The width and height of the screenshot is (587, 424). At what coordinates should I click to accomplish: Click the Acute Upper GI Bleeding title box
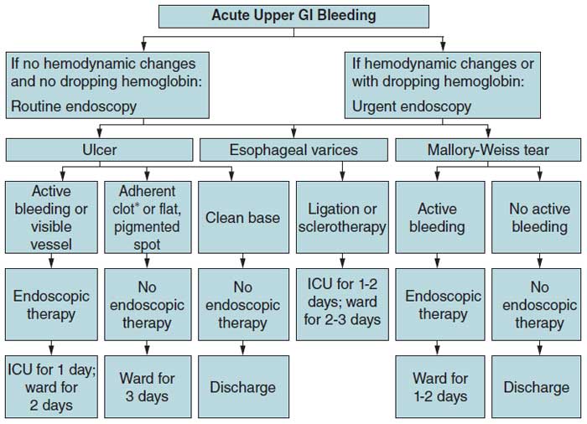(x=293, y=16)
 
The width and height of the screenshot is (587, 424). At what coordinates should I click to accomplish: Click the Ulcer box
(x=100, y=151)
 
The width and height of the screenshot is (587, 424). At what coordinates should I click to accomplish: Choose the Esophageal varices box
(x=293, y=151)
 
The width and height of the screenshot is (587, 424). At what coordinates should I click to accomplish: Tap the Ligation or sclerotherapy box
(x=342, y=217)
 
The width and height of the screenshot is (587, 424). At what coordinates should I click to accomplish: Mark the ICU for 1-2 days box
(x=342, y=305)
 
